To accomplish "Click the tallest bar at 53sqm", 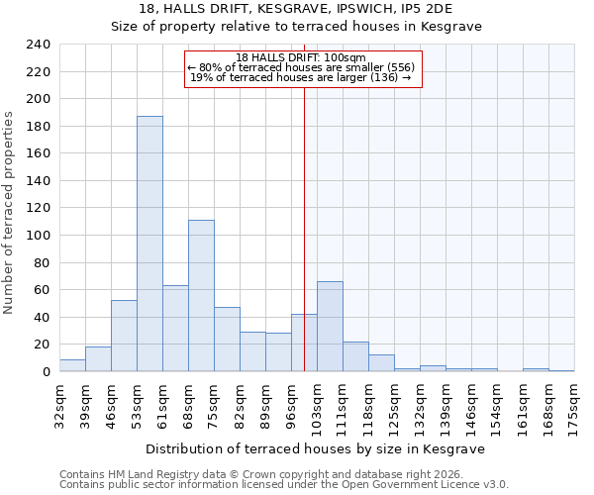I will [149, 244].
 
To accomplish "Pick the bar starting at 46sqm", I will [124, 336].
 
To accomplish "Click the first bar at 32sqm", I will [72, 365].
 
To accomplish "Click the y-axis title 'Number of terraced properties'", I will [9, 212].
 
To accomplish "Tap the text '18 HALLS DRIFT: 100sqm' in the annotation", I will [302, 57].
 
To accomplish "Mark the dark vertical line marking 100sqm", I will [304, 228].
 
